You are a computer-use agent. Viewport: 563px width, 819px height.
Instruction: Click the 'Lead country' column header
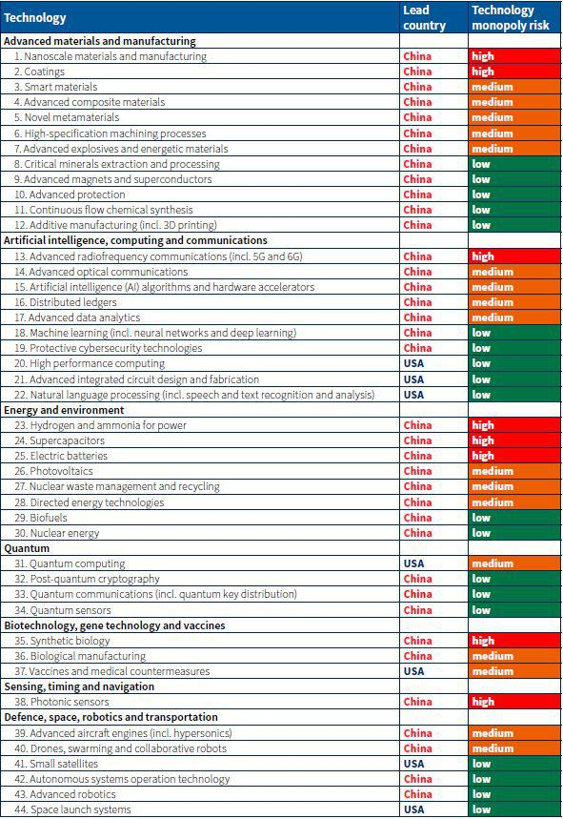tap(424, 18)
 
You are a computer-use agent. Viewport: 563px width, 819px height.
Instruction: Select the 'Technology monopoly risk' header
tap(511, 18)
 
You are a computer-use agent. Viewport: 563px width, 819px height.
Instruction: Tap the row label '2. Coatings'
tap(40, 72)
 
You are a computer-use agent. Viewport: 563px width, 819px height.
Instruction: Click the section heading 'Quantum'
tap(27, 548)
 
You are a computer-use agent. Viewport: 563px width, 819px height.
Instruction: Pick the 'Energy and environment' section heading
tap(64, 410)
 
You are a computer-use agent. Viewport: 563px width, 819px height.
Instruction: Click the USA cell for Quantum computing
tap(413, 563)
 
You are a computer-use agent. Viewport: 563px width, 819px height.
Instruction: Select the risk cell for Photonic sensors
tap(514, 702)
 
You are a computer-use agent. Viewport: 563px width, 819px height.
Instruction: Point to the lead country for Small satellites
tap(413, 764)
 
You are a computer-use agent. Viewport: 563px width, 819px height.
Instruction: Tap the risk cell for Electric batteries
tap(514, 456)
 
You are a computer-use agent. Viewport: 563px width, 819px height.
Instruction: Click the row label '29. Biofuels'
tap(41, 518)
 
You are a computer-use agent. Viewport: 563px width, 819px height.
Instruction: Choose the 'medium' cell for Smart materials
tap(514, 87)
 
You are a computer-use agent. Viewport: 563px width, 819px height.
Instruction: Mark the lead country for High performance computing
tap(413, 363)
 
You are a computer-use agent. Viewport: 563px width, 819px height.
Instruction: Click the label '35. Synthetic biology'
tap(62, 641)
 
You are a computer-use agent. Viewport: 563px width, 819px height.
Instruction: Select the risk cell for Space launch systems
tap(514, 809)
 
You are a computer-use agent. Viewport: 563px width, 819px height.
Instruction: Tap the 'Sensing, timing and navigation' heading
tap(79, 686)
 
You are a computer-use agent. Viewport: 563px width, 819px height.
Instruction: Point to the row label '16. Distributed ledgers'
tap(66, 302)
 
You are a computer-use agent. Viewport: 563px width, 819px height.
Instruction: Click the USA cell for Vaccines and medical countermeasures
tap(413, 671)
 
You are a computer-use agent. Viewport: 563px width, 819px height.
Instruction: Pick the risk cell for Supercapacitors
tap(514, 440)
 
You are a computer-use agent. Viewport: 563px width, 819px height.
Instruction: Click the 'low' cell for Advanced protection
tap(514, 195)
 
